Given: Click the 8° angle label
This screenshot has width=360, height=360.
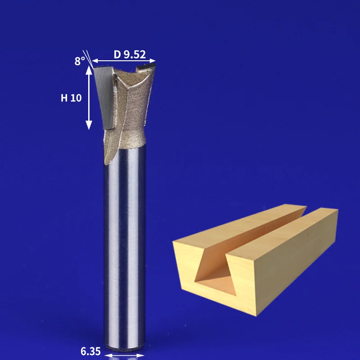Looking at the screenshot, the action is [80, 61].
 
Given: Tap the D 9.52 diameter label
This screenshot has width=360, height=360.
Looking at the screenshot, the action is [130, 54].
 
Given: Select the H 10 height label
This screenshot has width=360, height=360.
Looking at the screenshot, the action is [71, 98].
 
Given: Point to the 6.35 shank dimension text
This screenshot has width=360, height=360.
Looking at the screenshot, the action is [90, 351].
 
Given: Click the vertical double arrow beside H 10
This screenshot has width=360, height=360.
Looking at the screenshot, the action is [89, 98].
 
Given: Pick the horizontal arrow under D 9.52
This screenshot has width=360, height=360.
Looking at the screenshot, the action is [124, 61].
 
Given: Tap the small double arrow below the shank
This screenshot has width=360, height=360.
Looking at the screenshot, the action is [124, 355].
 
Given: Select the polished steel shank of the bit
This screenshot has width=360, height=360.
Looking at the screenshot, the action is [125, 248].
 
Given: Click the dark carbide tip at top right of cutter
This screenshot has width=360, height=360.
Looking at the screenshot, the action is [146, 67].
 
